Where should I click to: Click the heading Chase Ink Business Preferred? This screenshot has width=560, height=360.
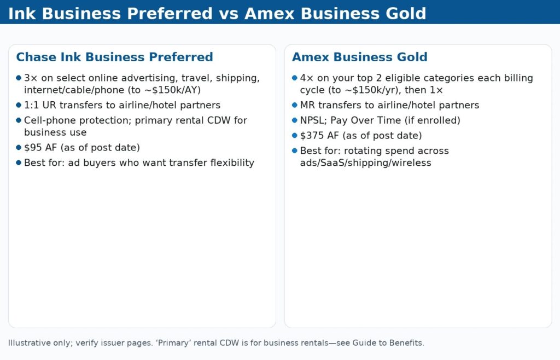point(114,57)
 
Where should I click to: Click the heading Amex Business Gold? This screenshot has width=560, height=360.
point(359,57)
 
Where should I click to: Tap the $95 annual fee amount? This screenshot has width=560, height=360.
point(34,147)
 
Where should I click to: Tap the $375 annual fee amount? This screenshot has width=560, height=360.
point(312,135)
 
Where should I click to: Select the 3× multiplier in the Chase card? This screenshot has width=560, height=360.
point(30,78)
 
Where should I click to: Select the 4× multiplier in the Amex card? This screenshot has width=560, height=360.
point(306,78)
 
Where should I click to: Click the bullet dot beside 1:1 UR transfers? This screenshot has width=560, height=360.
point(19,105)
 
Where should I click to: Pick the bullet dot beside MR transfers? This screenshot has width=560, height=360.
point(295,105)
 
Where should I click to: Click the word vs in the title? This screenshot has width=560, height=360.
point(229,13)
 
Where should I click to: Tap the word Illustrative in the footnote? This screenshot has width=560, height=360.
point(27,343)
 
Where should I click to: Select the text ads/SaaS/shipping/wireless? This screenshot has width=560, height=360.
point(365,162)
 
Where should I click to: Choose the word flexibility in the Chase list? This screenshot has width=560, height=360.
point(232,162)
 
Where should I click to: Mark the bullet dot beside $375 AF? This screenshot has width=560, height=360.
point(295,135)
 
